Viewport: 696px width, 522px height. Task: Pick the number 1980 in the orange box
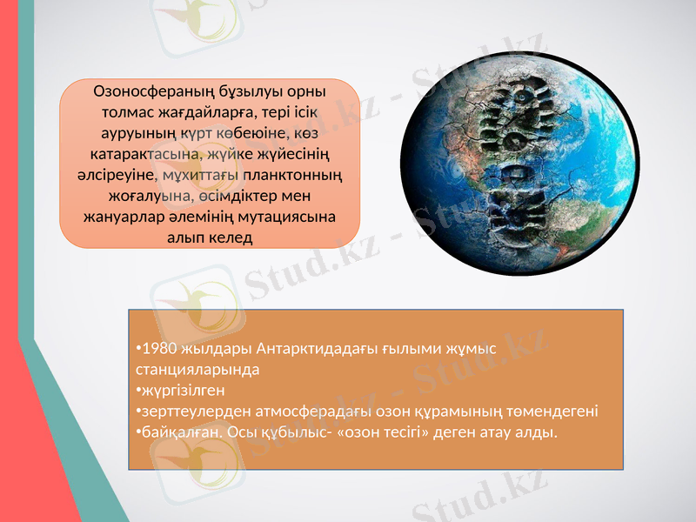click(157, 349)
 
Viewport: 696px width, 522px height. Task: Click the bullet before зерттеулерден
click(137, 411)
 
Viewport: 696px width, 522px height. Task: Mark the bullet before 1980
click(137, 349)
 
